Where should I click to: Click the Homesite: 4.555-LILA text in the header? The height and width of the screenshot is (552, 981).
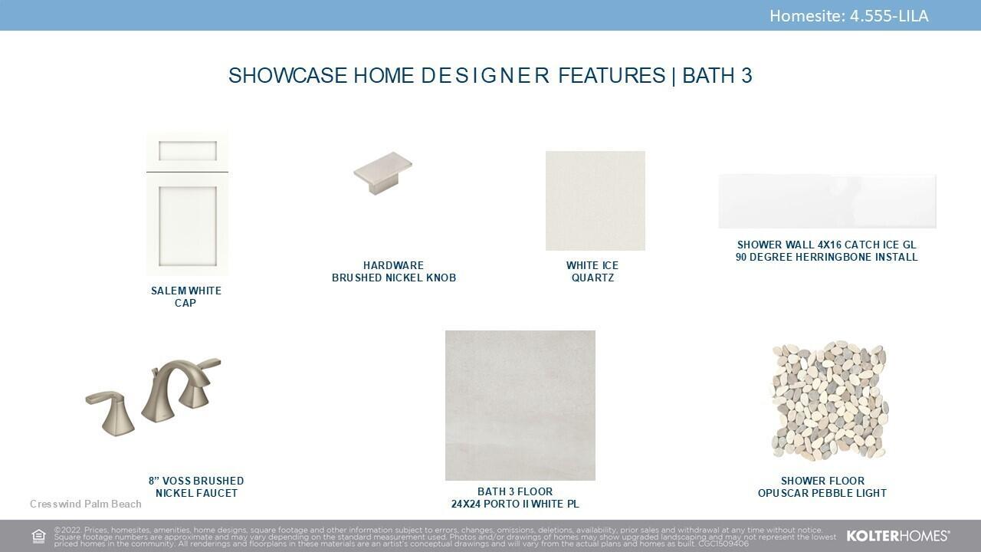(x=848, y=16)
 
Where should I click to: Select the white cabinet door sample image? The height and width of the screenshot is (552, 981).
(x=187, y=204)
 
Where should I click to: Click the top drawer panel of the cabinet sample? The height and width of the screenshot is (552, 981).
(x=188, y=151)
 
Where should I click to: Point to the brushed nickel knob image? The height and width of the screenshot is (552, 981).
(x=382, y=172)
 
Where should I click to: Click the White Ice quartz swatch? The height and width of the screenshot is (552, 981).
(x=595, y=201)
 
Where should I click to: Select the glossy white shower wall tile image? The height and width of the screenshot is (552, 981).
(x=827, y=201)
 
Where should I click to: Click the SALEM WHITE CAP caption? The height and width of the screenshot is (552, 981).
(x=186, y=297)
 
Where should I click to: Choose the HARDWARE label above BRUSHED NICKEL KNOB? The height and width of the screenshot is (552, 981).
(x=393, y=265)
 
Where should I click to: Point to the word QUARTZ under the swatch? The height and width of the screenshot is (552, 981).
(x=592, y=278)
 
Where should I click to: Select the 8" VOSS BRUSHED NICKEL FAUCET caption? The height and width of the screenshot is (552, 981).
(x=196, y=487)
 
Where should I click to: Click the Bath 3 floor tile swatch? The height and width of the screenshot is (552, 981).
(x=520, y=406)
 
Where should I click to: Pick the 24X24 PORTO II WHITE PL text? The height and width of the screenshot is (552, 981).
(x=515, y=504)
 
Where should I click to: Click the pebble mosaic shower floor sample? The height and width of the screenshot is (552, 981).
(x=828, y=401)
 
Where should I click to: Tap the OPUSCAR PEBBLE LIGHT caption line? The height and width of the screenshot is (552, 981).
(x=822, y=493)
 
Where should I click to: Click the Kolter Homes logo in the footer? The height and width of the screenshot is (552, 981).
(x=898, y=536)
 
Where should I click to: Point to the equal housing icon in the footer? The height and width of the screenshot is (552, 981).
(x=38, y=536)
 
